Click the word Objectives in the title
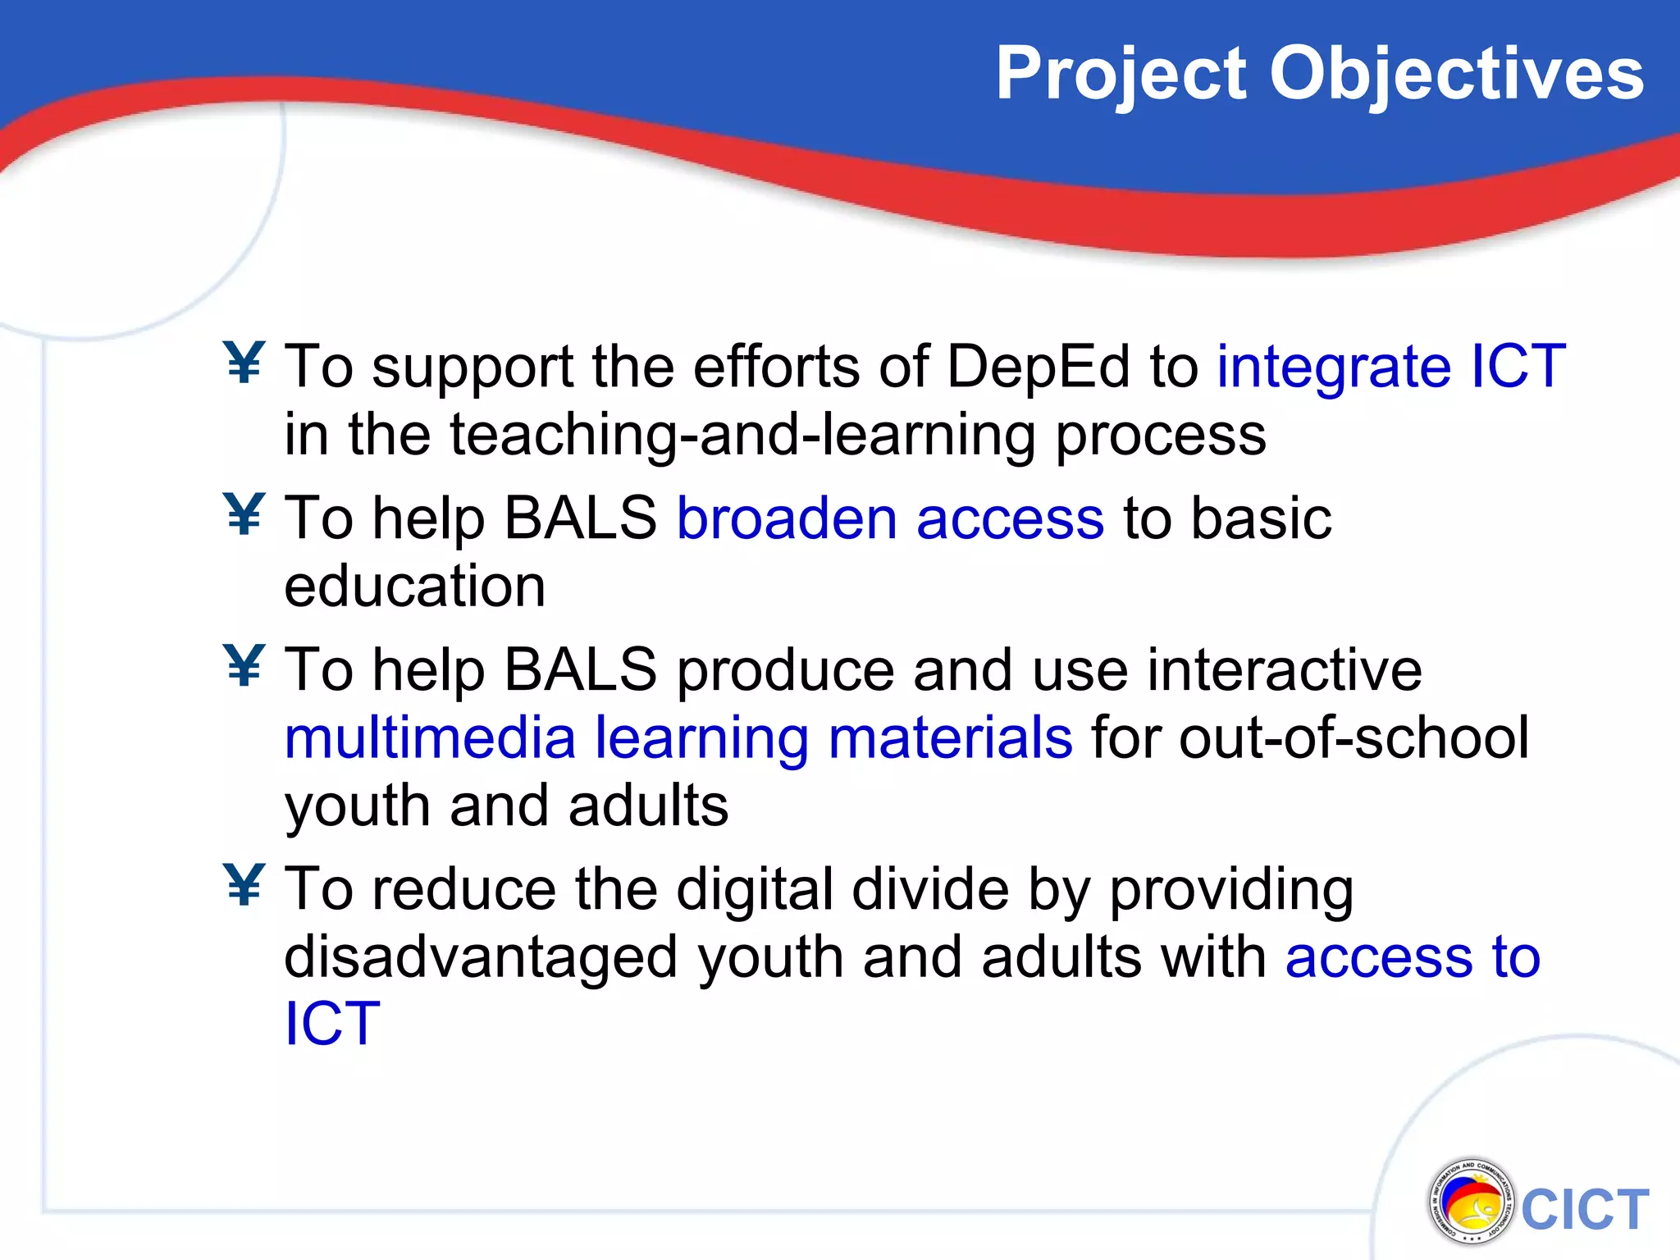tap(1457, 75)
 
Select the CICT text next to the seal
tap(1585, 1210)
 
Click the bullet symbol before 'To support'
tap(244, 363)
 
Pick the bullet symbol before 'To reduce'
tap(244, 886)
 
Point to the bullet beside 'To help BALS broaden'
tap(244, 515)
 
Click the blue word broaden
tap(787, 518)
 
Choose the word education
tap(414, 587)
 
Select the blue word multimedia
tap(430, 737)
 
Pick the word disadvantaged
tap(481, 958)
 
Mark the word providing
tap(1230, 890)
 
